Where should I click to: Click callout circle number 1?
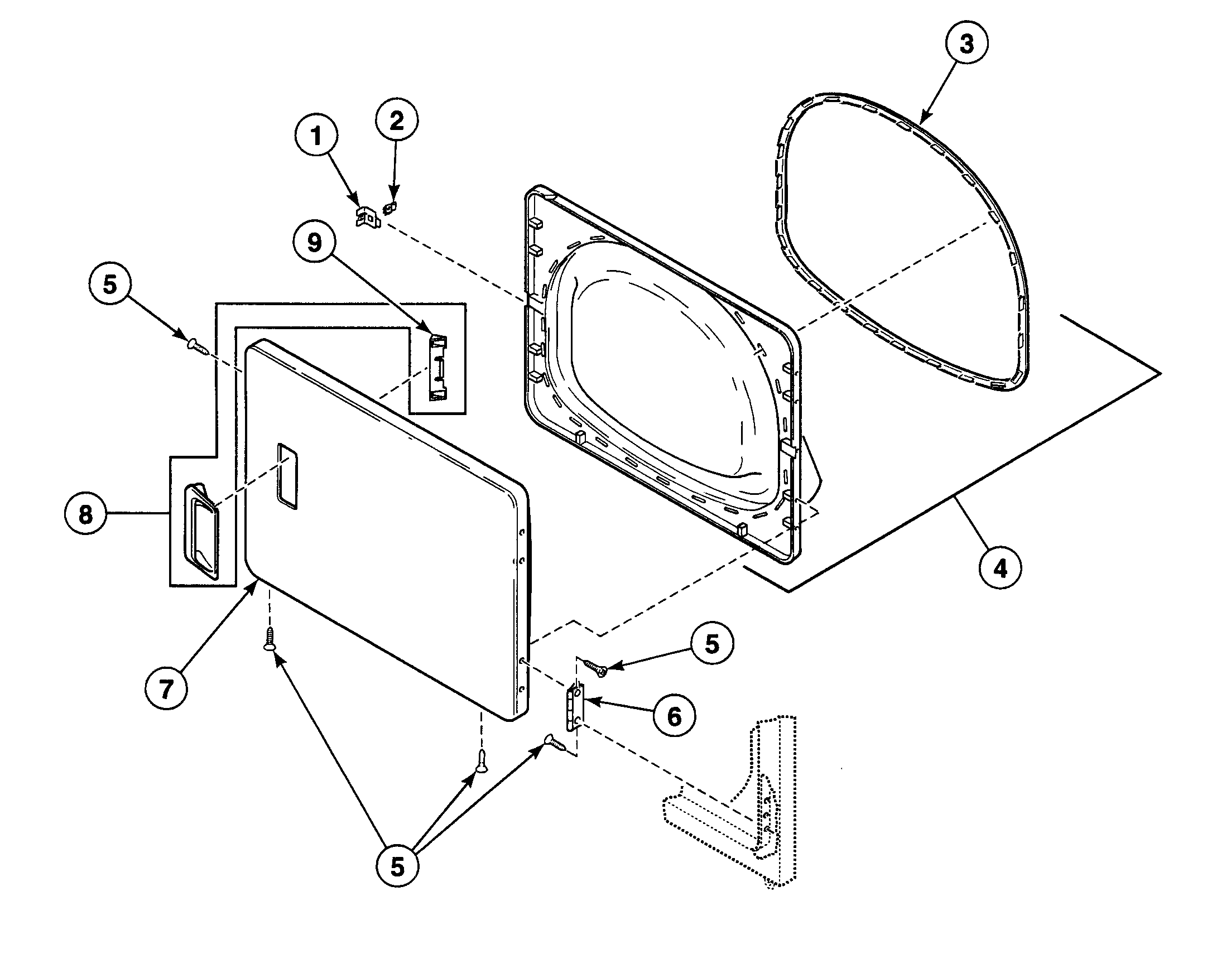point(316,136)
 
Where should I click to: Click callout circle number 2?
point(397,121)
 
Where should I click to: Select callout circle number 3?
point(966,44)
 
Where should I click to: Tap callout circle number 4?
point(1001,568)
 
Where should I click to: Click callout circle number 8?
point(85,514)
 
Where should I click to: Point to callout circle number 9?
point(315,244)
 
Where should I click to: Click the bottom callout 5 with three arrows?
point(397,867)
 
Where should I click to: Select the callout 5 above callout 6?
point(712,644)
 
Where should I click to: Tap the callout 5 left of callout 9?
point(110,285)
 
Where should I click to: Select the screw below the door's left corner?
point(269,638)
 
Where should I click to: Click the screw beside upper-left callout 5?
point(198,346)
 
